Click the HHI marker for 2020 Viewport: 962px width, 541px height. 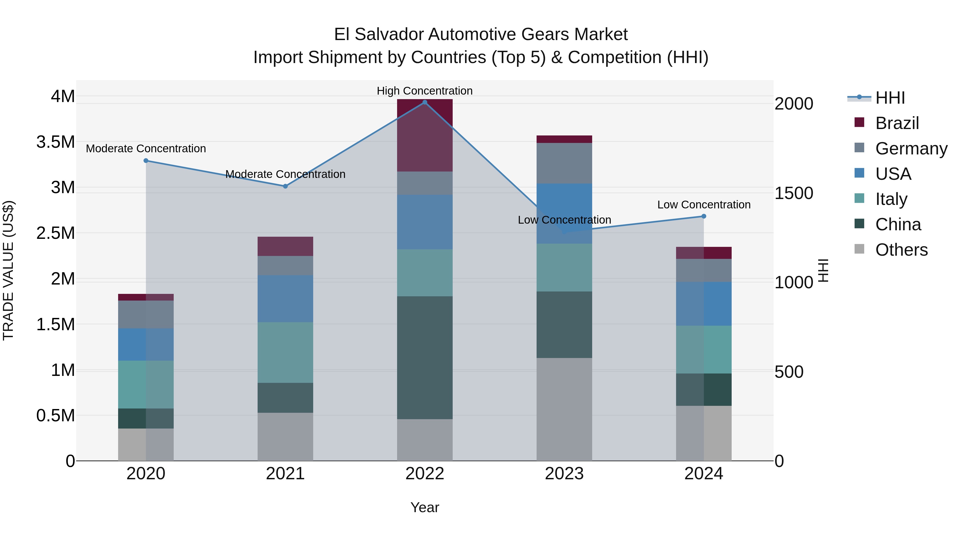point(146,161)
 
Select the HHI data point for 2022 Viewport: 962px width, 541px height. point(425,102)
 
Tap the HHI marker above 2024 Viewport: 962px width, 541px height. point(704,216)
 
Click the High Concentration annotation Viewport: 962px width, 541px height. point(425,91)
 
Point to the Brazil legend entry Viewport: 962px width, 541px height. point(897,123)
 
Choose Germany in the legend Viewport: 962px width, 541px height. point(911,149)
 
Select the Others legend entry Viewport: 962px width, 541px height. point(901,250)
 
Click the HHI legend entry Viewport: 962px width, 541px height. point(890,98)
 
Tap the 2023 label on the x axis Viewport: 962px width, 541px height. point(564,474)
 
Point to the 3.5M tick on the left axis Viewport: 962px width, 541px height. point(56,142)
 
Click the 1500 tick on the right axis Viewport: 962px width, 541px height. point(794,193)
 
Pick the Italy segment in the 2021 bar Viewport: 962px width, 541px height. point(285,352)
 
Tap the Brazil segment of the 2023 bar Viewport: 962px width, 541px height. point(564,139)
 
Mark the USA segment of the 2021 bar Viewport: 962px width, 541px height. point(285,299)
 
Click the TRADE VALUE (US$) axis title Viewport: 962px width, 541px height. point(9,270)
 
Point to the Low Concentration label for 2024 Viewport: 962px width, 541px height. point(704,205)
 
